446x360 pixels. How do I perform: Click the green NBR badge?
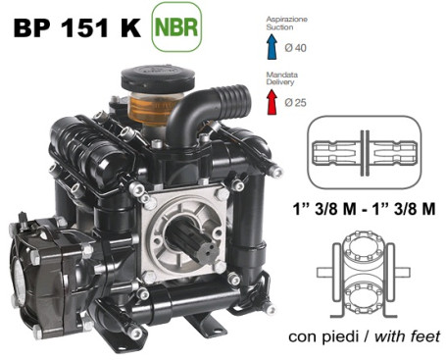click(176, 26)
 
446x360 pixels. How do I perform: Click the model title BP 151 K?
click(77, 27)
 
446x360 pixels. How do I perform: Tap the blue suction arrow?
click(272, 47)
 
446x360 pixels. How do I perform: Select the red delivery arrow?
click(272, 102)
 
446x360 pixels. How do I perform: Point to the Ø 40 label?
click(295, 48)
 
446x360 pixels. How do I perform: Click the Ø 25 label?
click(295, 103)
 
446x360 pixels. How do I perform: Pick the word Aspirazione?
click(287, 19)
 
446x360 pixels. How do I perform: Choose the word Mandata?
click(281, 75)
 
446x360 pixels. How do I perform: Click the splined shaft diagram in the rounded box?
click(365, 152)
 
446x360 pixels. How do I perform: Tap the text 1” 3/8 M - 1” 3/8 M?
click(364, 209)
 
